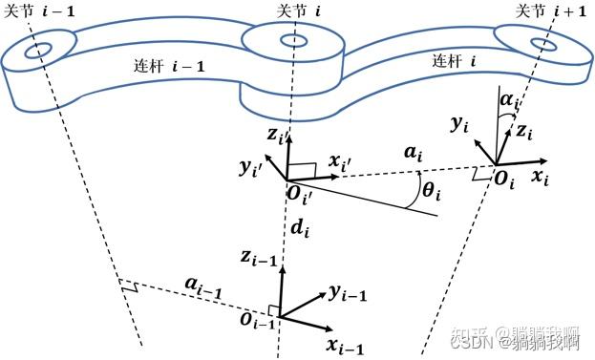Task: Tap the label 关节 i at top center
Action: [287, 11]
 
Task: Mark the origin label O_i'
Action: [308, 196]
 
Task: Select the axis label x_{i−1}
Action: [344, 346]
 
